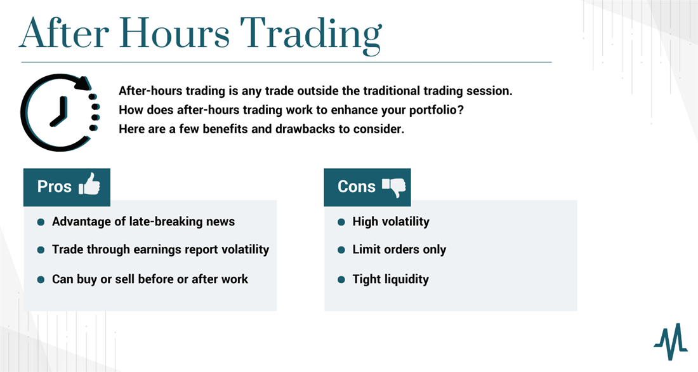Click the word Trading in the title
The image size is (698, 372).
(311, 35)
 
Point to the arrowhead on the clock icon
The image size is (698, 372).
(84, 83)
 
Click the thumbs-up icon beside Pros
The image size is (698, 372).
(89, 184)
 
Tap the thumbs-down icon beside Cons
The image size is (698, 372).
(394, 187)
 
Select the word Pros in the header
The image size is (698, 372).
(55, 186)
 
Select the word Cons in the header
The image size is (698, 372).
(357, 186)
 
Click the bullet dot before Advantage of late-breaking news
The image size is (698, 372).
(41, 222)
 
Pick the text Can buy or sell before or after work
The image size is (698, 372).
(150, 279)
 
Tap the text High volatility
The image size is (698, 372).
(391, 222)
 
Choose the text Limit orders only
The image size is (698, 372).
(399, 249)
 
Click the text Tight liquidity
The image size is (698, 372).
(391, 279)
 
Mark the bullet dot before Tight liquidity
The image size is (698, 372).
(341, 280)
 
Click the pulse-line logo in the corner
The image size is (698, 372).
(671, 342)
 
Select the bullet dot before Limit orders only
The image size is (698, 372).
(341, 250)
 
